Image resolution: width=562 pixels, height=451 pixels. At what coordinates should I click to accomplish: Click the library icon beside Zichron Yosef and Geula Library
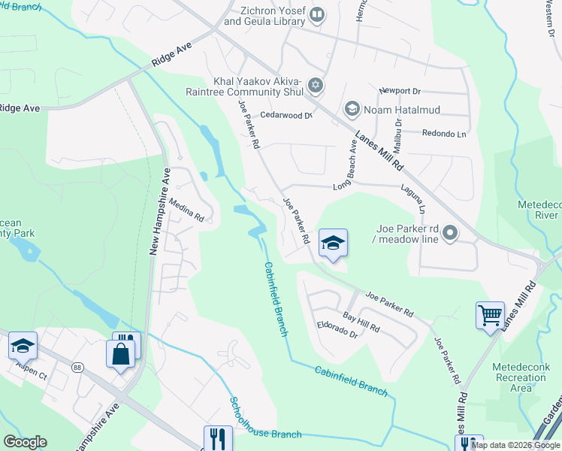click(317, 14)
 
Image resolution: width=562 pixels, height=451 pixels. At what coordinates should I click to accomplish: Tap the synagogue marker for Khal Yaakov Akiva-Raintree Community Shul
click(316, 86)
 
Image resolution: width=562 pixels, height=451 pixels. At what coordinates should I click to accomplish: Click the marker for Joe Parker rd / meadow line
click(450, 233)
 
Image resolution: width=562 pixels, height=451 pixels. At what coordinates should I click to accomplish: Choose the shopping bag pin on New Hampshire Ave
click(120, 353)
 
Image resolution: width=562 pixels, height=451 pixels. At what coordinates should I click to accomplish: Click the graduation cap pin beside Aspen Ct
click(23, 345)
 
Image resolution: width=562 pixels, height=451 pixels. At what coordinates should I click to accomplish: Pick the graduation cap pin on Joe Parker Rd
click(333, 243)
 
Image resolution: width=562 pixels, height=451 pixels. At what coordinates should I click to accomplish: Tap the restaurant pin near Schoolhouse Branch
click(218, 438)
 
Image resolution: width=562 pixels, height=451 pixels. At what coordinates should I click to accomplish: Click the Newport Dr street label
click(399, 90)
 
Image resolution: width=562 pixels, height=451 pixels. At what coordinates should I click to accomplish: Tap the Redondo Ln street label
click(445, 132)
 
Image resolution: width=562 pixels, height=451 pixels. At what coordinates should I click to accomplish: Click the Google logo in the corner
click(25, 442)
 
